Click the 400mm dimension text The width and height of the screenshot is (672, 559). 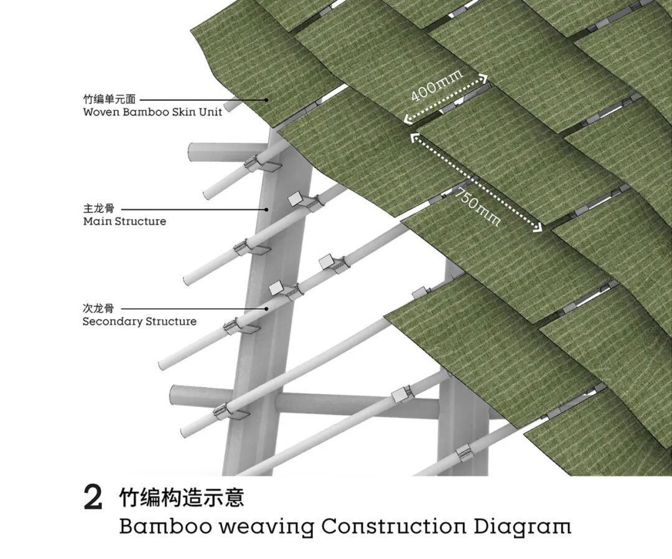point(437,86)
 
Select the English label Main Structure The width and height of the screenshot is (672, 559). point(124,222)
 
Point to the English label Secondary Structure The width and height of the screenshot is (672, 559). point(139,322)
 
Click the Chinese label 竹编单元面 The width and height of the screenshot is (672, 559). point(109,99)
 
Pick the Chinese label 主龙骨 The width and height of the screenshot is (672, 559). point(99,209)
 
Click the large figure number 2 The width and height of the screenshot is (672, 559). point(93,498)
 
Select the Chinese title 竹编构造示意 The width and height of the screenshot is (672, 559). point(182,497)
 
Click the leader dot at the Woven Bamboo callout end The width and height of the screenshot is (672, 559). point(266,100)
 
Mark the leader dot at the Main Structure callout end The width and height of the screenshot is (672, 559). point(266,209)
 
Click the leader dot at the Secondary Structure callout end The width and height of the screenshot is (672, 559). point(266,308)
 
